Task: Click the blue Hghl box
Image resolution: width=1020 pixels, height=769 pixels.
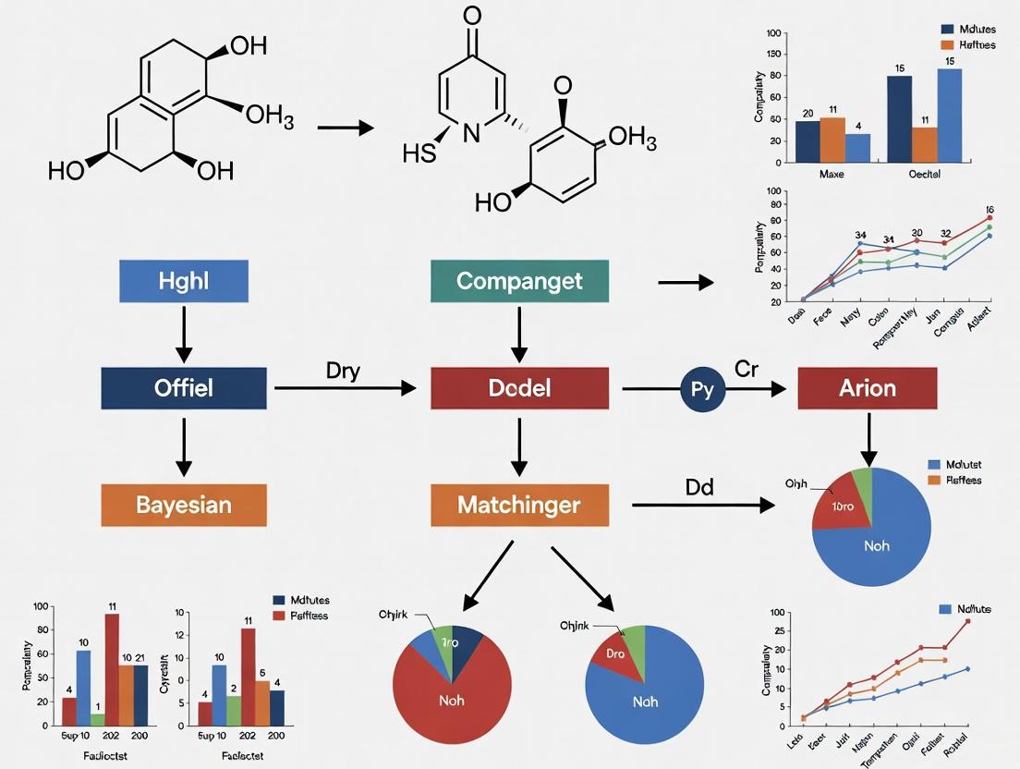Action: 184,281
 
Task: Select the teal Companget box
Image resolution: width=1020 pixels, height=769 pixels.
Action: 519,281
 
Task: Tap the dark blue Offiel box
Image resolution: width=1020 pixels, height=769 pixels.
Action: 184,387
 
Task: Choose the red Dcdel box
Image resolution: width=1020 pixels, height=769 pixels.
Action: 519,387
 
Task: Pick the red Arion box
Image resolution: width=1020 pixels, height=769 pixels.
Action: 867,387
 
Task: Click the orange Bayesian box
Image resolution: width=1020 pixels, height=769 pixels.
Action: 184,505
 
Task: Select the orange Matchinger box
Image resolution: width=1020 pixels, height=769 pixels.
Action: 519,505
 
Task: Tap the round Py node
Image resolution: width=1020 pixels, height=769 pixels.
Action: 702,388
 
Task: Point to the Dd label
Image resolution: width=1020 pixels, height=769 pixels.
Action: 699,487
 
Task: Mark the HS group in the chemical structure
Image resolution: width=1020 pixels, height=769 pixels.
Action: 419,153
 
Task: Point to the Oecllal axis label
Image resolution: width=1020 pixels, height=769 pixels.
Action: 923,174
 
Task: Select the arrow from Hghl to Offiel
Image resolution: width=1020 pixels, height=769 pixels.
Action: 184,333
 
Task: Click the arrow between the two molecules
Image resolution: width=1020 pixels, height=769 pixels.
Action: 345,128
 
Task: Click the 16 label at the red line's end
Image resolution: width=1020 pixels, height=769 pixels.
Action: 990,210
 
